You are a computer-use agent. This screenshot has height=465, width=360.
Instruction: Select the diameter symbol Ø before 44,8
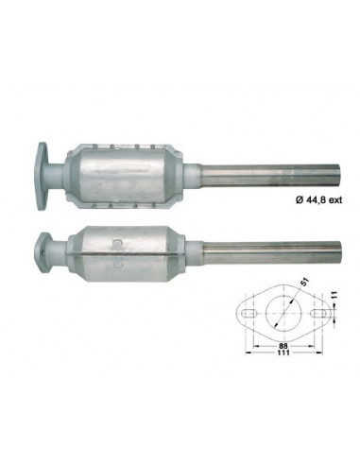pos(299,199)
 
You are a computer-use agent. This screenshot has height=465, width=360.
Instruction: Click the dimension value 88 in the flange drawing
pos(285,345)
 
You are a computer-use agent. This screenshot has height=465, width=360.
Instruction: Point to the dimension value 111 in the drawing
pos(283,353)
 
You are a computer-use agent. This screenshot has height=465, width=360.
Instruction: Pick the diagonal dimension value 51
pos(304,282)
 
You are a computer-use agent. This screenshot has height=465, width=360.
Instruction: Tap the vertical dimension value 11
pos(334,295)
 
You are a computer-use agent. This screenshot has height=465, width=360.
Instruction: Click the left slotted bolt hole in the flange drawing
pos(249,313)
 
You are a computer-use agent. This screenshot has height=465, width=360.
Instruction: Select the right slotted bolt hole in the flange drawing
pos(319,313)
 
